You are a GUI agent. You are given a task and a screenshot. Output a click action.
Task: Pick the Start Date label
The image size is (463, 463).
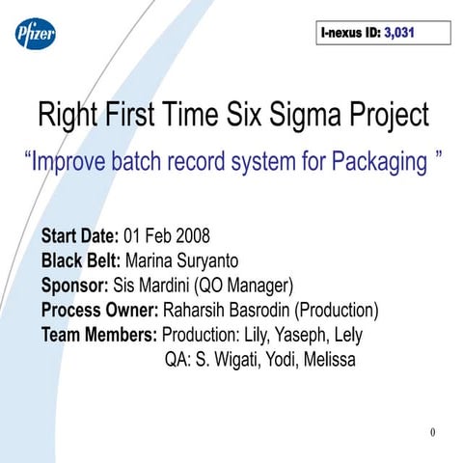tap(80, 235)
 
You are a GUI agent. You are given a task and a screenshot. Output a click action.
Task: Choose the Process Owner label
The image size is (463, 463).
tap(100, 311)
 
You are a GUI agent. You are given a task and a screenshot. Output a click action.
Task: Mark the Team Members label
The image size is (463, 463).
tap(99, 336)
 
